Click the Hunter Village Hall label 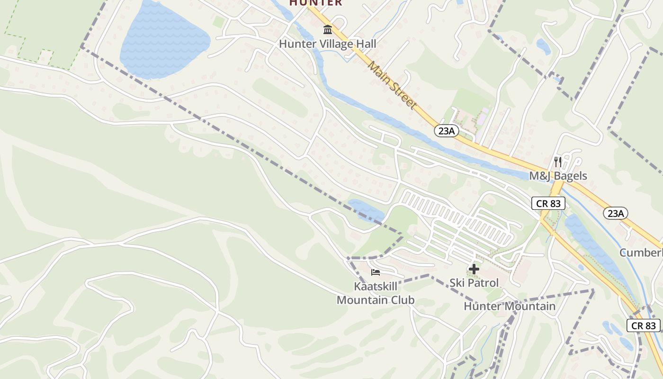(327, 44)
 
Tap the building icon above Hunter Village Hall (327, 30)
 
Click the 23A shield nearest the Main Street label (446, 131)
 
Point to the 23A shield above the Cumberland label (615, 213)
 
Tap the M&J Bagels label (558, 176)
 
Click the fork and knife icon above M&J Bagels (558, 162)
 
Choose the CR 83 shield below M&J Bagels (548, 203)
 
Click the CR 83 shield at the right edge (644, 325)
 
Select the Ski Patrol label (474, 283)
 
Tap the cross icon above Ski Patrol (474, 269)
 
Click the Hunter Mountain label (510, 306)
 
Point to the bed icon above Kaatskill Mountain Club (376, 272)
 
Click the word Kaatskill (376, 287)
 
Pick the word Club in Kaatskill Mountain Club (403, 300)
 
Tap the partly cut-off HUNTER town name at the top (316, 3)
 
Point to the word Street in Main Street (402, 96)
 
